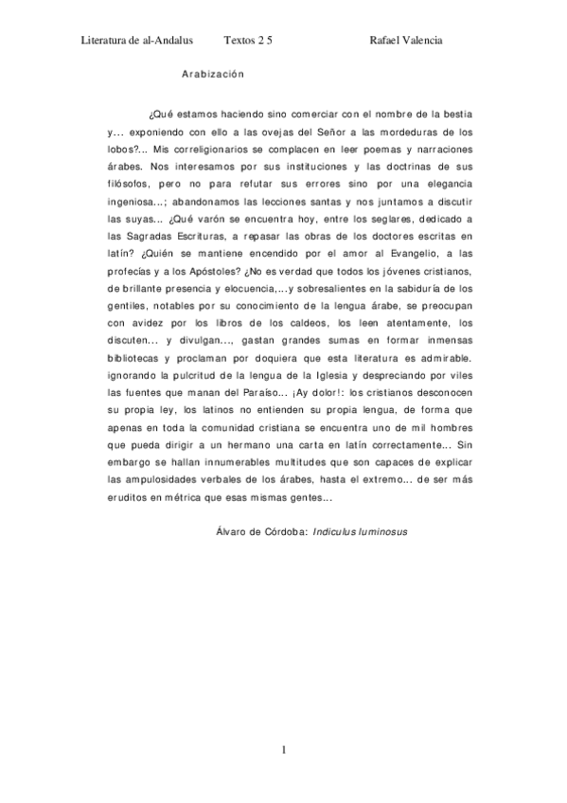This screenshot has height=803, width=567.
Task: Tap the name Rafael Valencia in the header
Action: [x=406, y=41]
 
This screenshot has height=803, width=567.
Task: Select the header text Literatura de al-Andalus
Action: [x=138, y=41]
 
